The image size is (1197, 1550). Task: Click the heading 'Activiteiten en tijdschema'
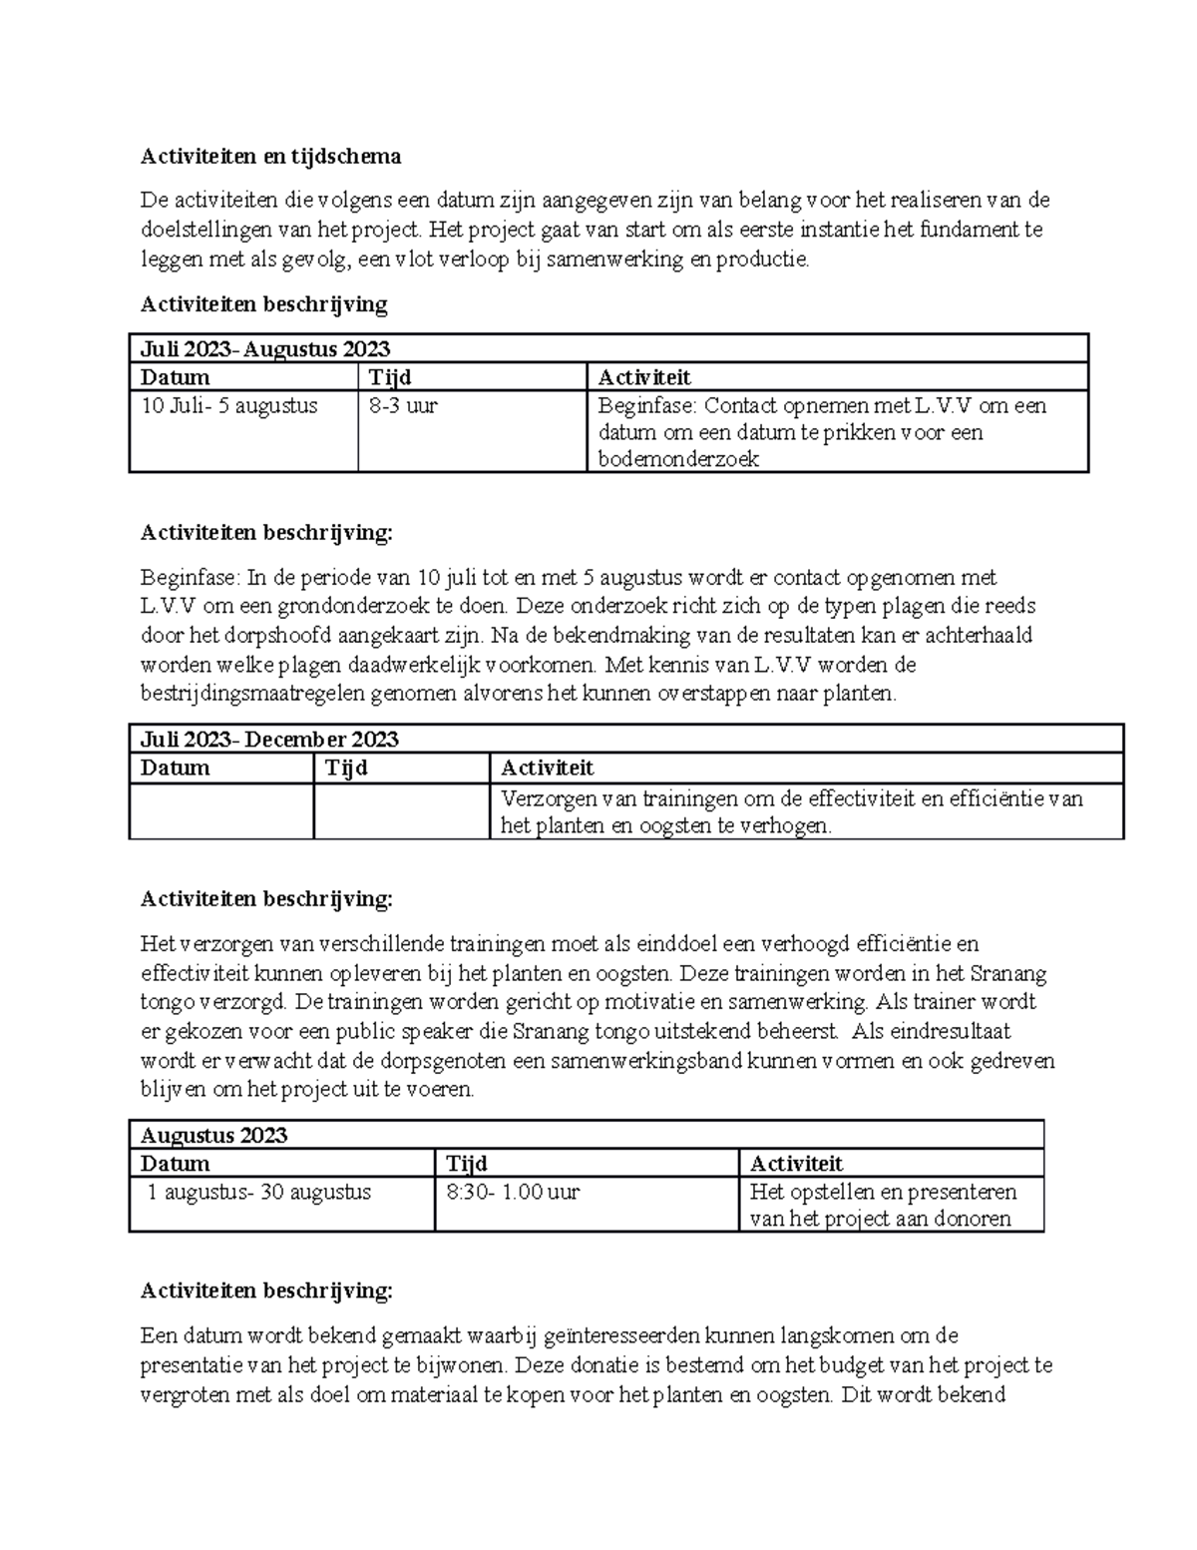(x=270, y=156)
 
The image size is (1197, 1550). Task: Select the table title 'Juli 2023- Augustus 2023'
(x=265, y=348)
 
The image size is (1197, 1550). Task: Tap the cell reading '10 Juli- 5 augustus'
(x=229, y=406)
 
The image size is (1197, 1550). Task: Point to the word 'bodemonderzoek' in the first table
(x=678, y=459)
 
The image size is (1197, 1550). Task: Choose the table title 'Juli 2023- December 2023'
(x=269, y=740)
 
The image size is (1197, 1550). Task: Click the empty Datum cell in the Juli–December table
(x=220, y=811)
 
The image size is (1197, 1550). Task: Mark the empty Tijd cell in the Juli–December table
(x=401, y=811)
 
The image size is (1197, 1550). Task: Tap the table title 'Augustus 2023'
(x=213, y=1135)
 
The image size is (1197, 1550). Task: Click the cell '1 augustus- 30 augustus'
(x=259, y=1192)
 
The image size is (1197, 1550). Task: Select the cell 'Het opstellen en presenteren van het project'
(x=883, y=1205)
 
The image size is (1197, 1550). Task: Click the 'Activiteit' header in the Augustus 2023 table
(x=796, y=1164)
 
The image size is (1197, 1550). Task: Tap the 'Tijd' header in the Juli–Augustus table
(x=390, y=377)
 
